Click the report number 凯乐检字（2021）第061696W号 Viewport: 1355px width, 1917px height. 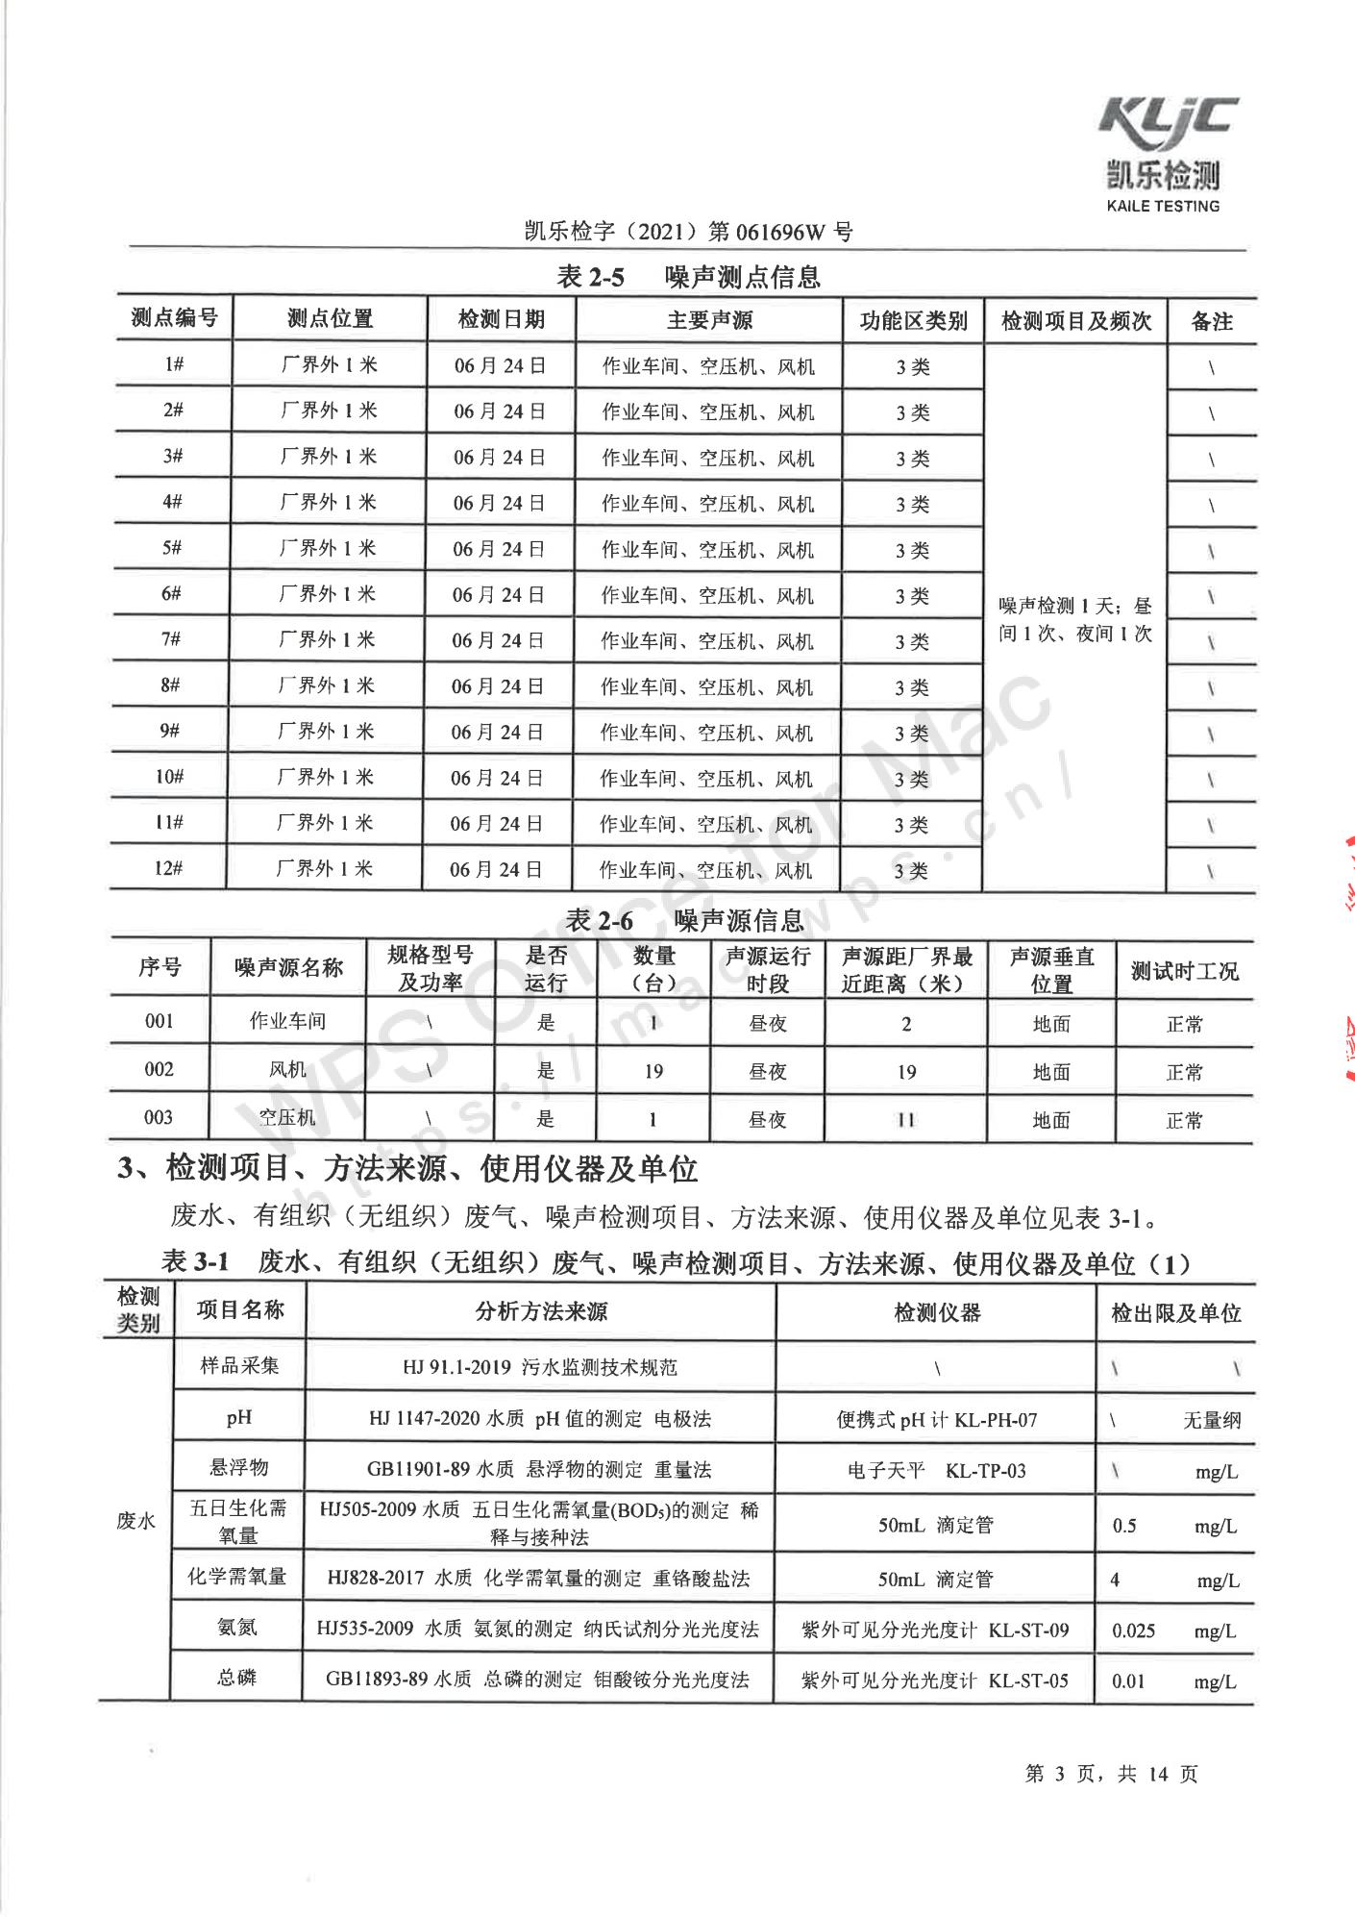688,232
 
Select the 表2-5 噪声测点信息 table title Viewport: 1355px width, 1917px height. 688,278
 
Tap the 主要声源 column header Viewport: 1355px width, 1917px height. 709,320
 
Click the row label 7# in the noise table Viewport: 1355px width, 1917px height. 172,639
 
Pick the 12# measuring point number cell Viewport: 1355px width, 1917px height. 169,868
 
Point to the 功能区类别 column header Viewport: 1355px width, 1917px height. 913,321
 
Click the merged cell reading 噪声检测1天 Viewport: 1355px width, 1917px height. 1074,619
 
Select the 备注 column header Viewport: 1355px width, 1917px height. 1212,321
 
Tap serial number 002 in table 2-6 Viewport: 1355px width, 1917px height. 159,1069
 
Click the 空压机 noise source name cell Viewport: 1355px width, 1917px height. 286,1117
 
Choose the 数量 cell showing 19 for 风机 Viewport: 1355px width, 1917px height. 653,1071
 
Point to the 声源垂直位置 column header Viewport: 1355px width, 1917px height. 1051,970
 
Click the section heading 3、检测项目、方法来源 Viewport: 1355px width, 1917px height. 407,1169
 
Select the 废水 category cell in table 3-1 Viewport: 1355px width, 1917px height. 135,1521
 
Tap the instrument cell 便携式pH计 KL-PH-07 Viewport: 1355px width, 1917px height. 937,1420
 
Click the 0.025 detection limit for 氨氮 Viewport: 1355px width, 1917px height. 1134,1631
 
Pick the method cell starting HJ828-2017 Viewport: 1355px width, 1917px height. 538,1579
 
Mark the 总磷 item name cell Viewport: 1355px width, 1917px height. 237,1679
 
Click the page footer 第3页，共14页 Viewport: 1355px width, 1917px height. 1112,1774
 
